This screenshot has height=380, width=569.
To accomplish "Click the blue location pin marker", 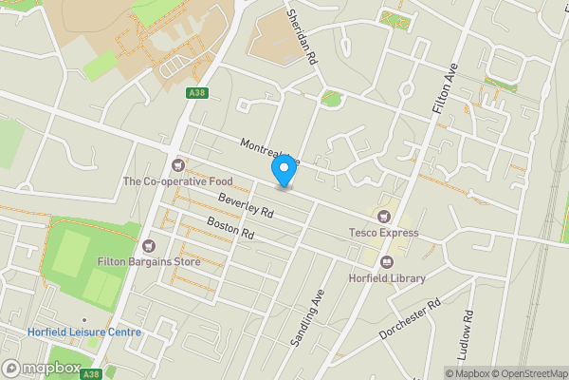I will (283, 171).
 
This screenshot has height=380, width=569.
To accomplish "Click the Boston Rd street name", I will (231, 228).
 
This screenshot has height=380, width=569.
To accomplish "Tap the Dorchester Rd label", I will (412, 320).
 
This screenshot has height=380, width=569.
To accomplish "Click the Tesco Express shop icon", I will (383, 218).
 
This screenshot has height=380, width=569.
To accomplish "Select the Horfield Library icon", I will (386, 262).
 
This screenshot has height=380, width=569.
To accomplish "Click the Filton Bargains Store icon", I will (147, 246).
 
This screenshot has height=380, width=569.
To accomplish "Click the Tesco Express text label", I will (383, 234).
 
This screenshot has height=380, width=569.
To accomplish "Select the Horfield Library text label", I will (386, 278).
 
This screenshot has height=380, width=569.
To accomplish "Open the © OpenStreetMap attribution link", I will (525, 373).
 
